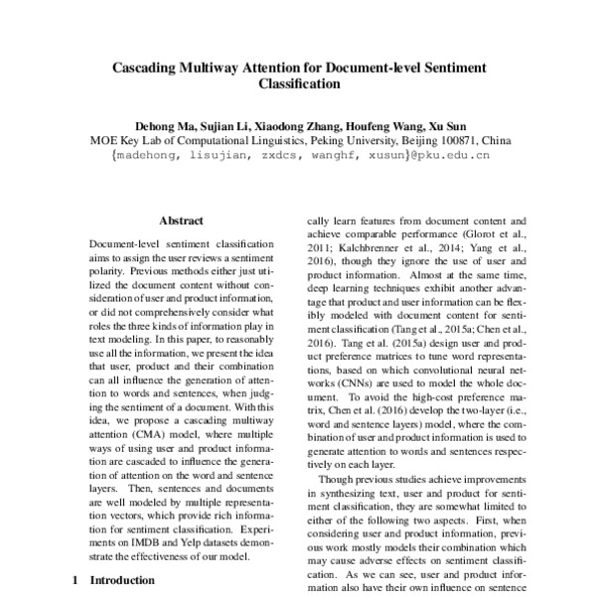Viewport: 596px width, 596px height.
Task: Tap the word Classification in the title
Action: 299,85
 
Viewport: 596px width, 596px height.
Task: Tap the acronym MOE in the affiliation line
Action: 106,141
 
